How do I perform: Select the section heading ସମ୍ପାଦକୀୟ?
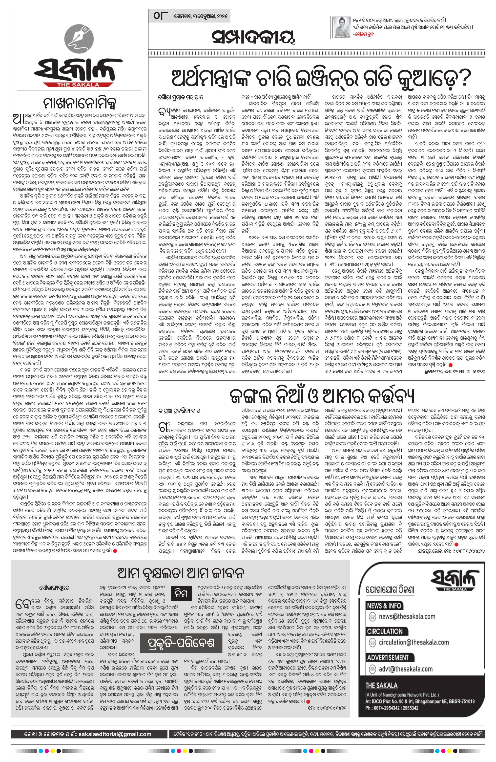(253, 38)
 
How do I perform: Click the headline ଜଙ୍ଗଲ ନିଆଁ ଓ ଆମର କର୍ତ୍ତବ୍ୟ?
(322, 397)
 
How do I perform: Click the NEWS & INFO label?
(384, 606)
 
